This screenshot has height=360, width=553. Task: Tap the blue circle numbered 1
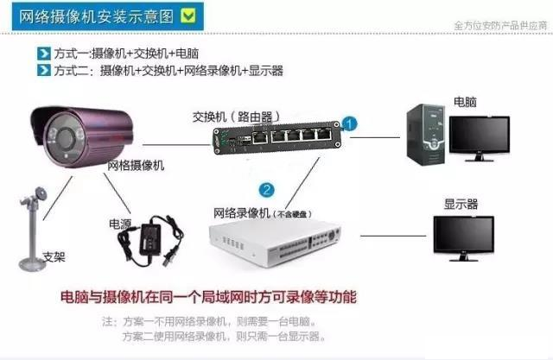[x=350, y=123]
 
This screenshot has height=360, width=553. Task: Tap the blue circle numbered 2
[x=267, y=190]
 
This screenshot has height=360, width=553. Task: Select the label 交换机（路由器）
[x=228, y=115]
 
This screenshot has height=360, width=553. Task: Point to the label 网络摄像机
[x=136, y=164]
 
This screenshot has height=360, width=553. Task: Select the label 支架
[x=54, y=256]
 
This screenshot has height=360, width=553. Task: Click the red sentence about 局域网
[x=207, y=297]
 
